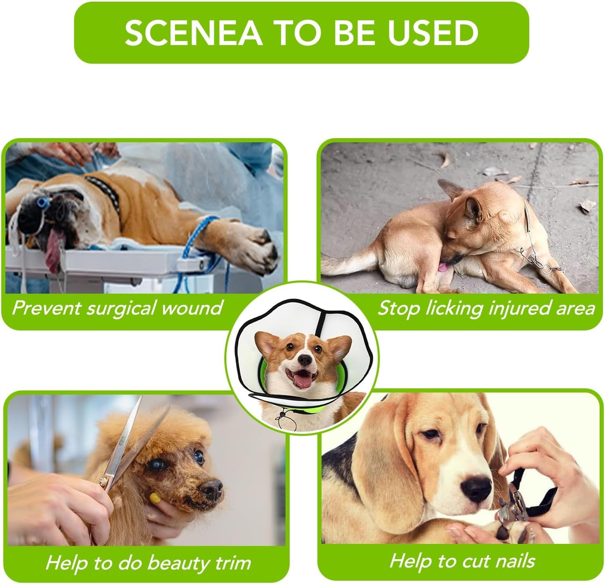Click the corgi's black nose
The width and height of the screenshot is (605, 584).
coord(305,360)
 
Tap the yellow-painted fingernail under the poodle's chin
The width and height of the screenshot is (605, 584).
coord(154,498)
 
